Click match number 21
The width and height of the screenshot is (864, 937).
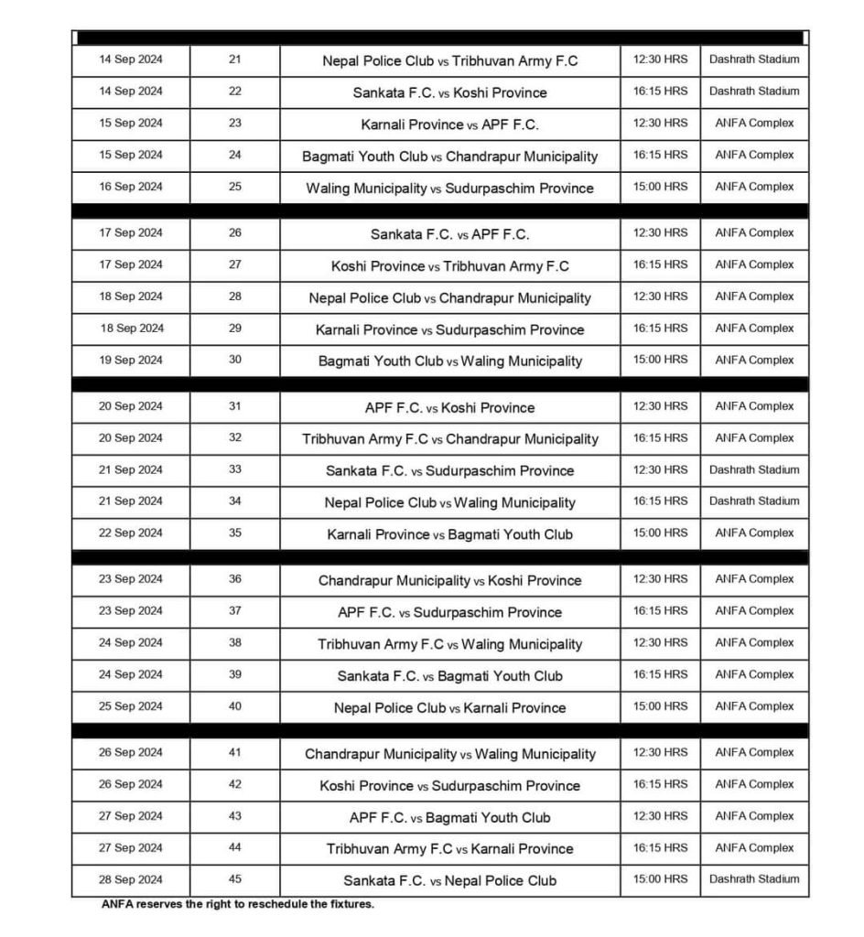point(235,59)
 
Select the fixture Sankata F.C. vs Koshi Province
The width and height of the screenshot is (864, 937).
point(449,92)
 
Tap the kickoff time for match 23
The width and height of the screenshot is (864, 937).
point(660,123)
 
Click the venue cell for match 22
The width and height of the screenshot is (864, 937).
point(754,91)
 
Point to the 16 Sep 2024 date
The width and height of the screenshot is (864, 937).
point(131,187)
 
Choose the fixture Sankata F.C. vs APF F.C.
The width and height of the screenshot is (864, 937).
point(449,234)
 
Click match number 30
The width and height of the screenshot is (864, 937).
point(235,360)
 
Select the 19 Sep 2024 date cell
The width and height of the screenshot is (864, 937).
point(131,360)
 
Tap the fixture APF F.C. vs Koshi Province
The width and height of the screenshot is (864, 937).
point(449,407)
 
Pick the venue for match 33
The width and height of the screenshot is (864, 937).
point(754,469)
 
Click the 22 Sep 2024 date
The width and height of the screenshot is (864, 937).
point(131,533)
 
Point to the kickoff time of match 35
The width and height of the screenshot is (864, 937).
point(660,533)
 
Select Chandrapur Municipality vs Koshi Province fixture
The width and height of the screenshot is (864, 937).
point(449,580)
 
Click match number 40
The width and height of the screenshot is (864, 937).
point(235,705)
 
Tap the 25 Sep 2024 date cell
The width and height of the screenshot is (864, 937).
point(131,705)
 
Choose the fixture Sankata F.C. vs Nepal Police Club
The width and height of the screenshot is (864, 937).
point(449,880)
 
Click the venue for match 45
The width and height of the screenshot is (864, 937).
point(754,878)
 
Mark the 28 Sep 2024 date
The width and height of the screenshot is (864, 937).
point(131,878)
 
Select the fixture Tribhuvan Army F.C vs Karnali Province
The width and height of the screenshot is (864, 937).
point(449,848)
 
